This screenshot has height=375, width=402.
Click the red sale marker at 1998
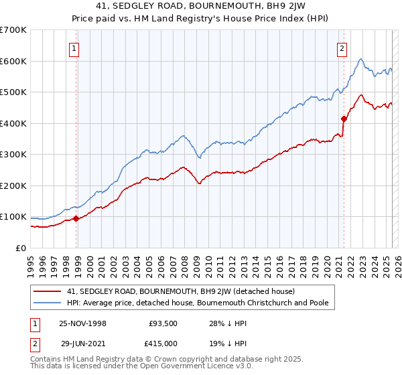tap(76, 218)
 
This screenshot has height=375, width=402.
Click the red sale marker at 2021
tap(344, 119)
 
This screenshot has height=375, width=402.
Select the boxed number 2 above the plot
tap(342, 48)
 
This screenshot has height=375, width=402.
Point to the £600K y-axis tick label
tap(13, 61)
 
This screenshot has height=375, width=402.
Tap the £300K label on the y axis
tap(13, 155)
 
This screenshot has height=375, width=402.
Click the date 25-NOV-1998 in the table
tap(82, 323)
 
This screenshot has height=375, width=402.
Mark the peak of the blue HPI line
tap(360, 60)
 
